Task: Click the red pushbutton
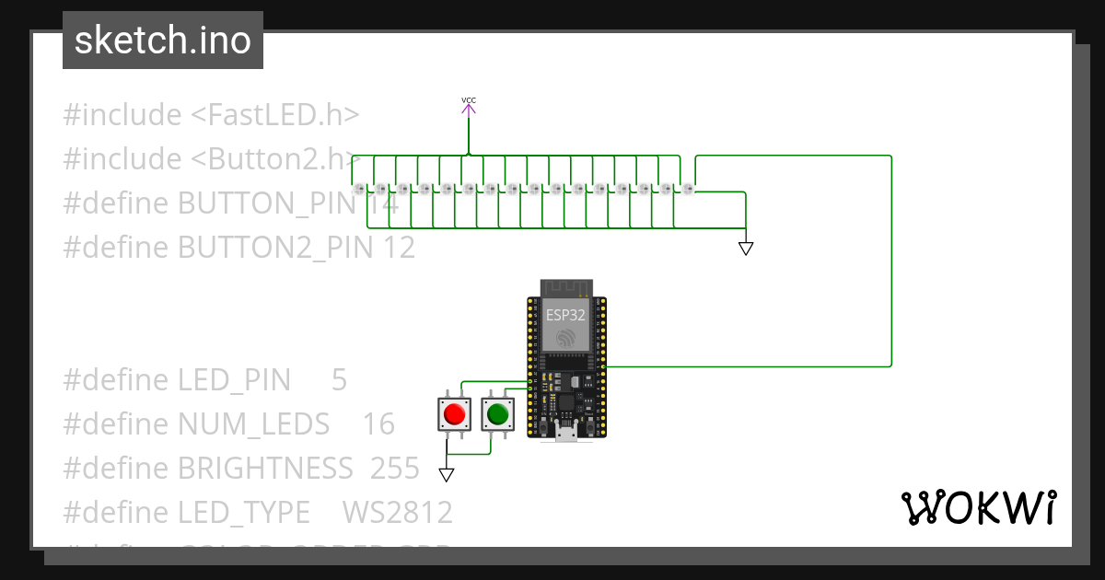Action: (454, 414)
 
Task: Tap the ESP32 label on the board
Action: (565, 314)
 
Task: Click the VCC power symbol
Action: (469, 108)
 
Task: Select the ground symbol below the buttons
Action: (447, 475)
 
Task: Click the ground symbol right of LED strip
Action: (746, 249)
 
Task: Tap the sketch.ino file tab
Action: (163, 41)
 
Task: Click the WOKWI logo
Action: (978, 508)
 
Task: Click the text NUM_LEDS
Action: (253, 424)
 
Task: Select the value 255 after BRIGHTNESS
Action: (395, 469)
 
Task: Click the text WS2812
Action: (397, 513)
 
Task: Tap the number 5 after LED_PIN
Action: (339, 380)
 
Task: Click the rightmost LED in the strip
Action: (688, 189)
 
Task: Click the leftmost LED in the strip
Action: (359, 189)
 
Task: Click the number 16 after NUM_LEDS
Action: (378, 424)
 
